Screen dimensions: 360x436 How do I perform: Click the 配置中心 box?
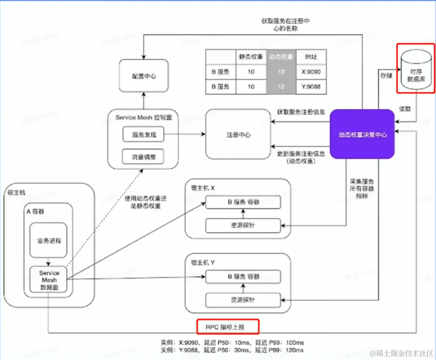point(143,76)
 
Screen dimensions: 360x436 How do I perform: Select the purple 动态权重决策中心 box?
point(362,135)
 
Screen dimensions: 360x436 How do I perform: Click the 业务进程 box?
point(48,241)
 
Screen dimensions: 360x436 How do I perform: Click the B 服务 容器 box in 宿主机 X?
point(243,202)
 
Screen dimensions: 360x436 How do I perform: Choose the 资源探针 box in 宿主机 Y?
point(243,300)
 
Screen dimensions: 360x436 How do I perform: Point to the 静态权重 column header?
point(251,57)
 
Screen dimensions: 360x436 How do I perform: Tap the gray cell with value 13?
point(281,72)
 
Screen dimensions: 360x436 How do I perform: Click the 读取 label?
point(405,108)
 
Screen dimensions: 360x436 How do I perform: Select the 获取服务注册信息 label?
point(301,112)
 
